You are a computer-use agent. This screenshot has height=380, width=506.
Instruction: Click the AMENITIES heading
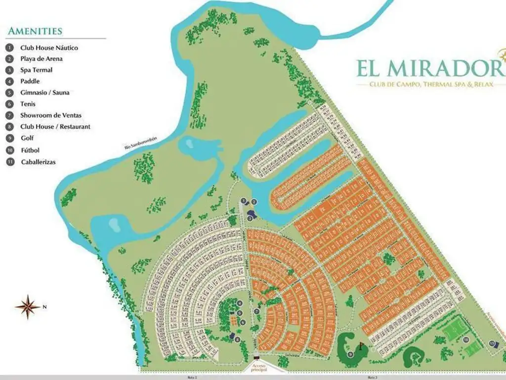(x=35, y=31)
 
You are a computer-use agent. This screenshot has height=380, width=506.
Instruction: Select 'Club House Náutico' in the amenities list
(x=49, y=48)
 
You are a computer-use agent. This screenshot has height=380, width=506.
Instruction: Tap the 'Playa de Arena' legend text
(x=41, y=59)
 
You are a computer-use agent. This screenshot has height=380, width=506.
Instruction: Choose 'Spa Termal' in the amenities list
(x=36, y=70)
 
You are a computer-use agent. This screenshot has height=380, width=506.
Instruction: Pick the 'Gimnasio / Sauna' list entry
(x=44, y=93)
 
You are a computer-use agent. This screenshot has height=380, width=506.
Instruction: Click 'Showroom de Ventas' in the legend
(x=50, y=115)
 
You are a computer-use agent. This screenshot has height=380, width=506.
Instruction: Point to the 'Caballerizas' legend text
(x=38, y=162)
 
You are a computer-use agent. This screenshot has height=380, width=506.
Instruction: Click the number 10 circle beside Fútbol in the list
(x=10, y=150)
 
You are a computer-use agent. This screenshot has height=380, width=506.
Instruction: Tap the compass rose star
(x=28, y=307)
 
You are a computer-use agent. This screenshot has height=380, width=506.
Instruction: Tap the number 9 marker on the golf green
(x=350, y=353)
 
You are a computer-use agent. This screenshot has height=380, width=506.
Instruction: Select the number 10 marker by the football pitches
(x=465, y=340)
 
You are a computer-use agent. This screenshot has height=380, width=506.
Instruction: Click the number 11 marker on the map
(x=492, y=343)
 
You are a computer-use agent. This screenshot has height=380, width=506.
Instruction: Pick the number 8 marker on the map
(x=238, y=339)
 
